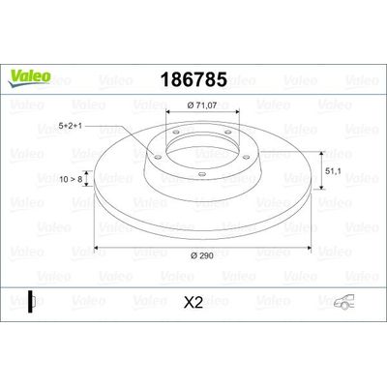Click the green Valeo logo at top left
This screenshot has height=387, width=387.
pos(30,78)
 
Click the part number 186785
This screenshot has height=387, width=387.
pos(193,79)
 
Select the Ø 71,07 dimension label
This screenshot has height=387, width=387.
pos(202,104)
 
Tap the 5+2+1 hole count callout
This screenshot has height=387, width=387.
pos(71,126)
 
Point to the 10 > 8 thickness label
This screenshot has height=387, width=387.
pos(72,179)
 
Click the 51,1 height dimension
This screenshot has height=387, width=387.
pos(333,172)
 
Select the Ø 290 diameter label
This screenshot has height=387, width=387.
pos(202,255)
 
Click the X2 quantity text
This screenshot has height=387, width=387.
pos(193,303)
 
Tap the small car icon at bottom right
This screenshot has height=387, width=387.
pos(344,302)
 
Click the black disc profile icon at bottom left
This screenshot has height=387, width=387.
pos(31,302)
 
